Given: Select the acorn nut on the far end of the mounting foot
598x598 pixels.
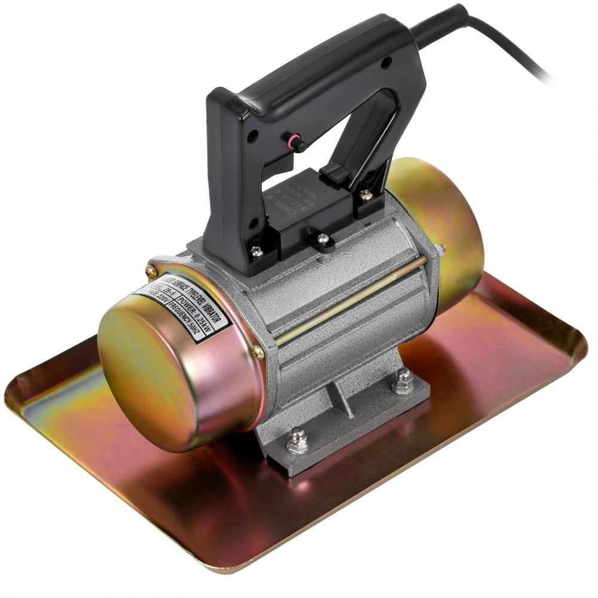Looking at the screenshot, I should click(x=404, y=379).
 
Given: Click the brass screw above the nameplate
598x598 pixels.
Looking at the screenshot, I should click(x=149, y=270).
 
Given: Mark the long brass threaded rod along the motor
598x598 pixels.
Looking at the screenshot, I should click(x=353, y=299).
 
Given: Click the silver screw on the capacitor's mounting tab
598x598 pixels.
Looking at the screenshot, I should click(x=324, y=239).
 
